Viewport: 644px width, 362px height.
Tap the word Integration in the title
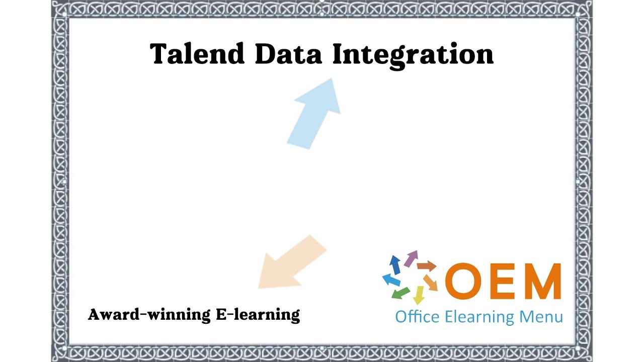click(413, 55)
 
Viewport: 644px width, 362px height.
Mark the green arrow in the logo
click(400, 293)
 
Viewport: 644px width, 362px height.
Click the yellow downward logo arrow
click(418, 295)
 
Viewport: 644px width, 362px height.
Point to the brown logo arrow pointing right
click(427, 265)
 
